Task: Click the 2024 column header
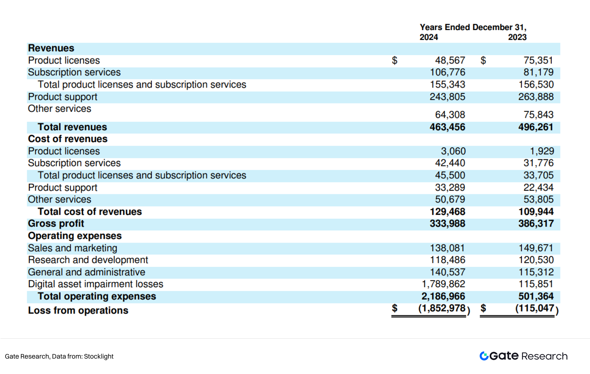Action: click(429, 37)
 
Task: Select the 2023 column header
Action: click(517, 37)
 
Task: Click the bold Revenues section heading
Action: click(51, 48)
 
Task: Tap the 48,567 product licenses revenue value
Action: click(450, 60)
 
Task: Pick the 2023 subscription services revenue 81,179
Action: click(538, 72)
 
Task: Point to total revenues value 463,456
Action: click(447, 127)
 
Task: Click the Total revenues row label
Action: click(72, 127)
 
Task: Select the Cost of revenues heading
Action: click(68, 139)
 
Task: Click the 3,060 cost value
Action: click(453, 151)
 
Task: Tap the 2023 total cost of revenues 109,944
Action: click(536, 212)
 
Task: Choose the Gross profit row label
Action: click(56, 223)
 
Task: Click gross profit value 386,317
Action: click(536, 223)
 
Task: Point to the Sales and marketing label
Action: click(73, 248)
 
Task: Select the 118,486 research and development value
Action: click(447, 260)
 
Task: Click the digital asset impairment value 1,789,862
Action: click(443, 284)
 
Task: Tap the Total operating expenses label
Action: click(97, 296)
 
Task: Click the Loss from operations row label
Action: click(78, 310)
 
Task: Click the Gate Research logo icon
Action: click(484, 356)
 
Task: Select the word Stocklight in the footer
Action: click(99, 356)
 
